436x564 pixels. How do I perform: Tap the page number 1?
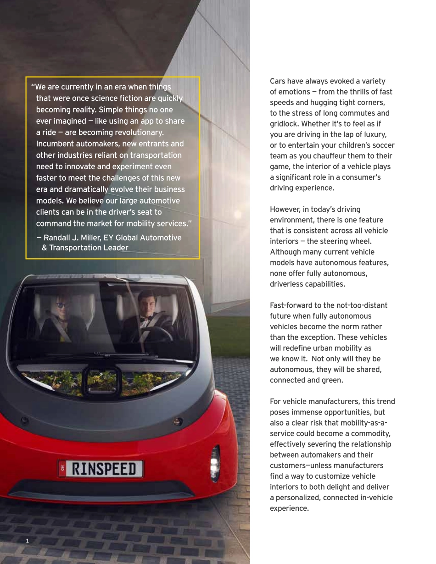[x=27, y=541]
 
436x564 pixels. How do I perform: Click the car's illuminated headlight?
[x=214, y=464]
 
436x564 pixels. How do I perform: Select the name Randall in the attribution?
[x=57, y=238]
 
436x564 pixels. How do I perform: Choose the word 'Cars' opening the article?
[x=278, y=81]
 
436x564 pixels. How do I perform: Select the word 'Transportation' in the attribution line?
[x=78, y=248]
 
